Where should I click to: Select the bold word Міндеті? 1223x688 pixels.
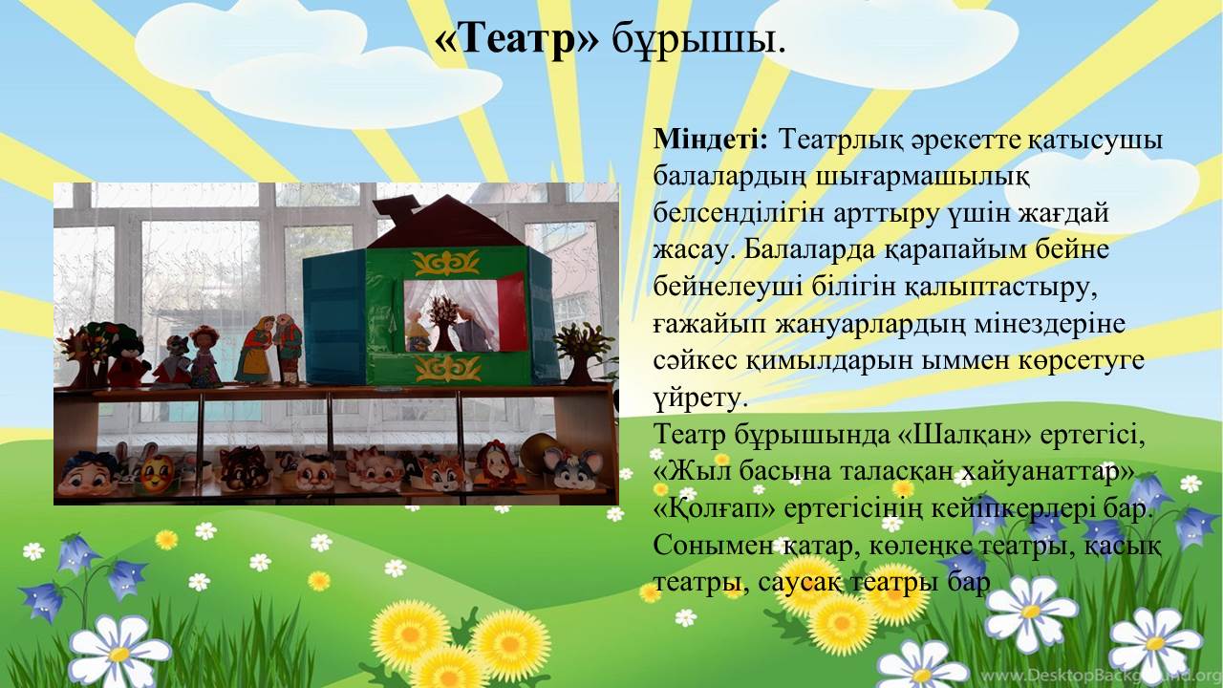710,139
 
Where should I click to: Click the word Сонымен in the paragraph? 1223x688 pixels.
713,545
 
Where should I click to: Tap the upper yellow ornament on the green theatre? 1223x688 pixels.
446,263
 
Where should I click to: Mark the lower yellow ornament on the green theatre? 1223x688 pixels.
448,368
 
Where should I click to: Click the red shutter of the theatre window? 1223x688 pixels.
511,312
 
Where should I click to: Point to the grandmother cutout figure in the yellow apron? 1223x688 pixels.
256,350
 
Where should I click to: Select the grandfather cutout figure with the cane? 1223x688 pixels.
288,349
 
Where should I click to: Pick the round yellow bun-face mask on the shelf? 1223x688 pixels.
158,473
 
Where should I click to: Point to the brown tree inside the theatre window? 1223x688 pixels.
443,323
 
